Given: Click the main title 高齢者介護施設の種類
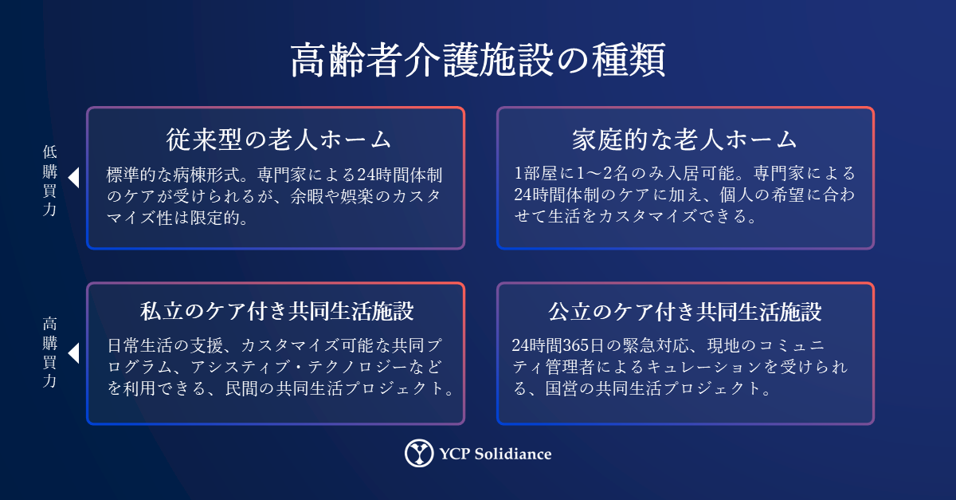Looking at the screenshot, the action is pyautogui.click(x=478, y=60).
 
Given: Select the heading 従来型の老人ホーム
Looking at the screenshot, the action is pyautogui.click(x=278, y=140).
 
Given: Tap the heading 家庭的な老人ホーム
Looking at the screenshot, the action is pyautogui.click(x=684, y=140).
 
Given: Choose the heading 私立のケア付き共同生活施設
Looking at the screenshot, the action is pyautogui.click(x=277, y=311).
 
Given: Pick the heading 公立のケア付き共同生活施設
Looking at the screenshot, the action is pyautogui.click(x=684, y=312).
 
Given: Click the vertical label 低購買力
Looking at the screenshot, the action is pyautogui.click(x=50, y=181).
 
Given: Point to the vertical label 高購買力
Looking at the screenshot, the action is pyautogui.click(x=50, y=352).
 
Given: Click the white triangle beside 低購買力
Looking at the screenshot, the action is pyautogui.click(x=74, y=178).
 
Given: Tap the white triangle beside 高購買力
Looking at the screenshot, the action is pyautogui.click(x=74, y=353).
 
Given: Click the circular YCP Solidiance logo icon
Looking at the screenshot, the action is pyautogui.click(x=419, y=453).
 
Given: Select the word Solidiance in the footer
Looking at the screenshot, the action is pyautogui.click(x=513, y=454).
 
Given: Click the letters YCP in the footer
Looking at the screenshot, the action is pyautogui.click(x=455, y=454).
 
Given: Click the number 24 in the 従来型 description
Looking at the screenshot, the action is pyautogui.click(x=366, y=175).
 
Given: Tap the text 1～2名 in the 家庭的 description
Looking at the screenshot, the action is pyautogui.click(x=602, y=173).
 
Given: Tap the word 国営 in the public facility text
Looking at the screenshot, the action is pyautogui.click(x=562, y=388).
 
